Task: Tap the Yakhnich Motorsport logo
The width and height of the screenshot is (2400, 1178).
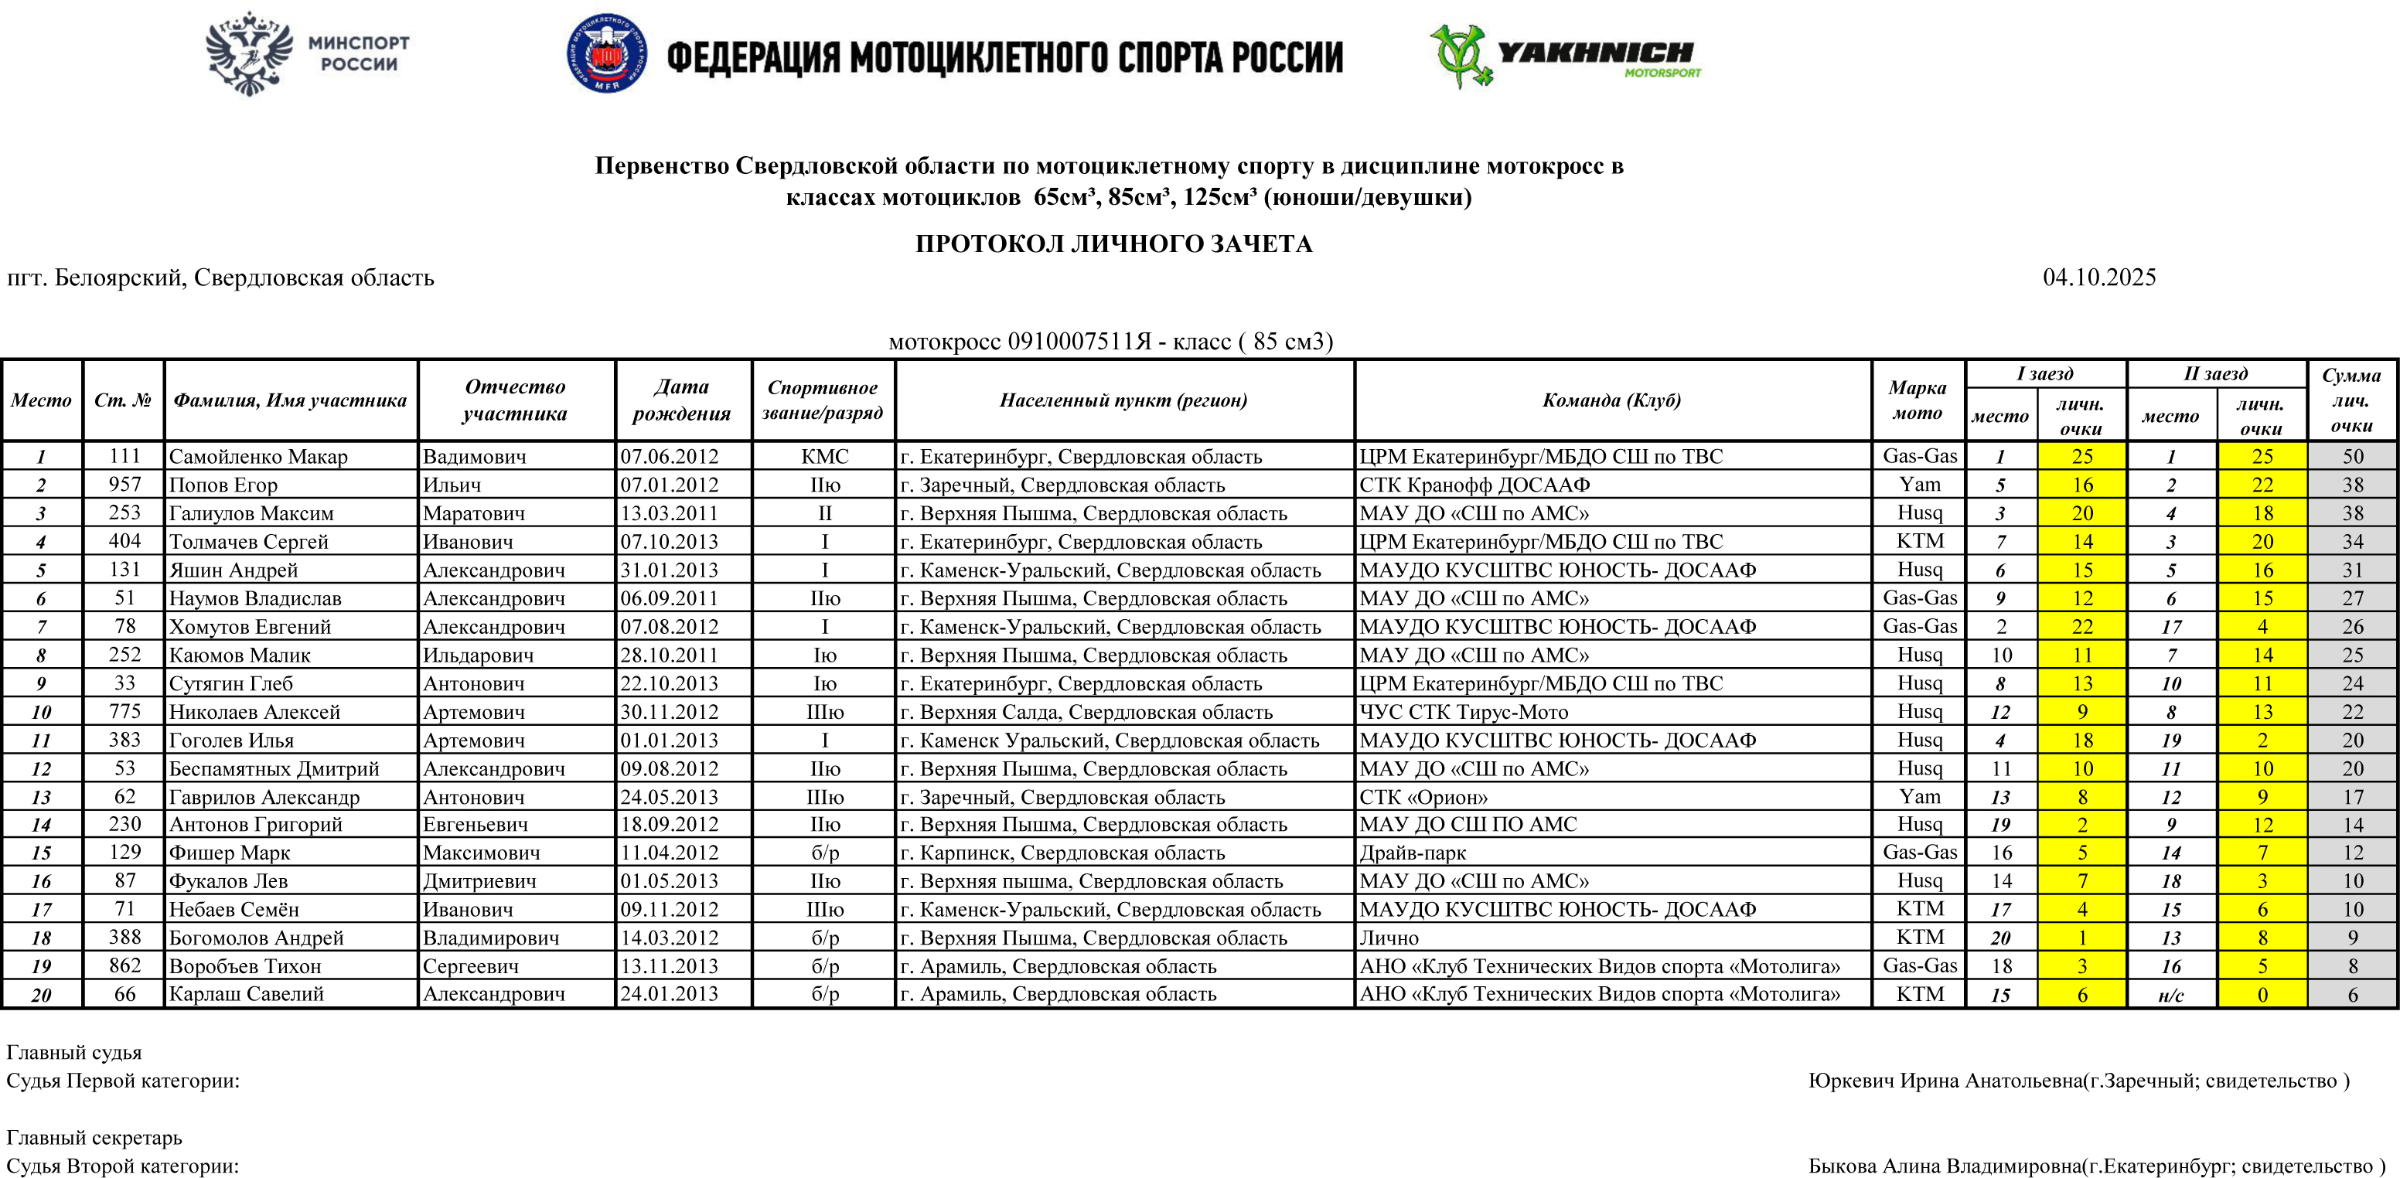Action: pos(1565,56)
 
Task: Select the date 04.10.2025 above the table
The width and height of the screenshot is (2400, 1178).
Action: pos(2098,277)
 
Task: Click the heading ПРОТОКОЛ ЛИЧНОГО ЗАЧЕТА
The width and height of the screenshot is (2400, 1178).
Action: pos(1113,244)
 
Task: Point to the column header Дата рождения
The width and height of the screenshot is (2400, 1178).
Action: pos(681,400)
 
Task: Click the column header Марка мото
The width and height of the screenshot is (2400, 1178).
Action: pos(1917,400)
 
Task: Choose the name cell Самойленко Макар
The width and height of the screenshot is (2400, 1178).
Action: pos(258,456)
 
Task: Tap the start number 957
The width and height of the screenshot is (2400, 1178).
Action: pos(124,484)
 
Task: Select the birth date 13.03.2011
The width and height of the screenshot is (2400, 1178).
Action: pos(669,513)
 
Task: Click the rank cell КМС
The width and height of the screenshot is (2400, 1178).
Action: pos(824,456)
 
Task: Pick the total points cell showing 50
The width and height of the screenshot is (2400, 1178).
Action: pos(2353,456)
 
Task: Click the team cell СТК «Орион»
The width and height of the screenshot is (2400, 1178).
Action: pos(1423,797)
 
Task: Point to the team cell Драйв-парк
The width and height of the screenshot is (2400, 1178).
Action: pos(1413,853)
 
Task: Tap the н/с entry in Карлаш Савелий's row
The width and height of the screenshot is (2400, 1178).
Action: pos(2171,995)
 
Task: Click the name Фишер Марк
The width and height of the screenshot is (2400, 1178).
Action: pos(229,853)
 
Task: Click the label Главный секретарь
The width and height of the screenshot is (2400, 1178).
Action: pos(94,1137)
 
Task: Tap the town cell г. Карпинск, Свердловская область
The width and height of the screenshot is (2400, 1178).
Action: pos(1062,853)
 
